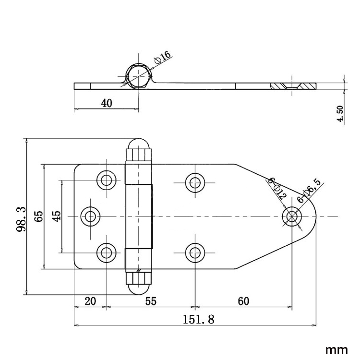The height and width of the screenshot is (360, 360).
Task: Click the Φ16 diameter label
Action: (163, 58)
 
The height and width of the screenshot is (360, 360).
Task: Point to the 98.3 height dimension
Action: (21, 216)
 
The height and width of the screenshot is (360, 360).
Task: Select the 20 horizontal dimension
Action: (90, 301)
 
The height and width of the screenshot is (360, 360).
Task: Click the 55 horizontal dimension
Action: (151, 301)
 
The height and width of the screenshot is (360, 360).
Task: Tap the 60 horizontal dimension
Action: (243, 301)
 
